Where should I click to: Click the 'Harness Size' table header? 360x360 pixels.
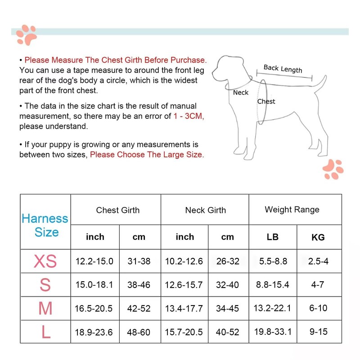(x=45, y=225)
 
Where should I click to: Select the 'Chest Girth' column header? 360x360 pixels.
(x=118, y=210)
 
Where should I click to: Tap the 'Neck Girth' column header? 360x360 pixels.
(x=205, y=210)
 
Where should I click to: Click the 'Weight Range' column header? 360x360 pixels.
(x=292, y=210)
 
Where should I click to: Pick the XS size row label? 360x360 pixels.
(x=45, y=261)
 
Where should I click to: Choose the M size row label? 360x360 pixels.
(x=45, y=309)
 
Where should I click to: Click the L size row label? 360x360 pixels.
(x=45, y=332)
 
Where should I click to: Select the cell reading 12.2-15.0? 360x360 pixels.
(x=95, y=261)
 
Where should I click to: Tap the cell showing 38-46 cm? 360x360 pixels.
(x=139, y=285)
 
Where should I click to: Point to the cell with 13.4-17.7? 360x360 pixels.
(x=184, y=309)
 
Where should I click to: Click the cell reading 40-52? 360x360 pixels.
(x=228, y=332)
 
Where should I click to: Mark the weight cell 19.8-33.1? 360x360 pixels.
(x=273, y=332)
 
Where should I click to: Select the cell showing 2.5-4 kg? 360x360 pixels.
(x=318, y=261)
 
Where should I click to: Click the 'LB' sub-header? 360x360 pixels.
(x=273, y=237)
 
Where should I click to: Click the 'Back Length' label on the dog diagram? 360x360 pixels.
(x=283, y=68)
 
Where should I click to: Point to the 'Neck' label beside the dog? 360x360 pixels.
(x=241, y=93)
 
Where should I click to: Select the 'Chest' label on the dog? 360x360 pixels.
(x=266, y=102)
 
